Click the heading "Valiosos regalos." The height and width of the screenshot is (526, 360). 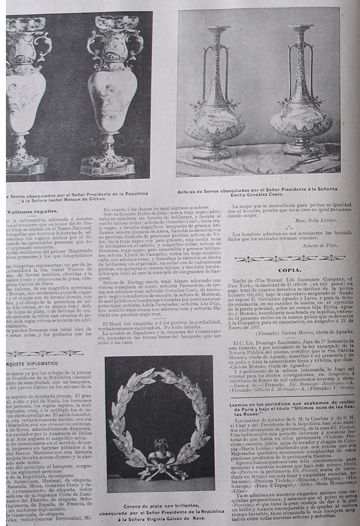(29, 211)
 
